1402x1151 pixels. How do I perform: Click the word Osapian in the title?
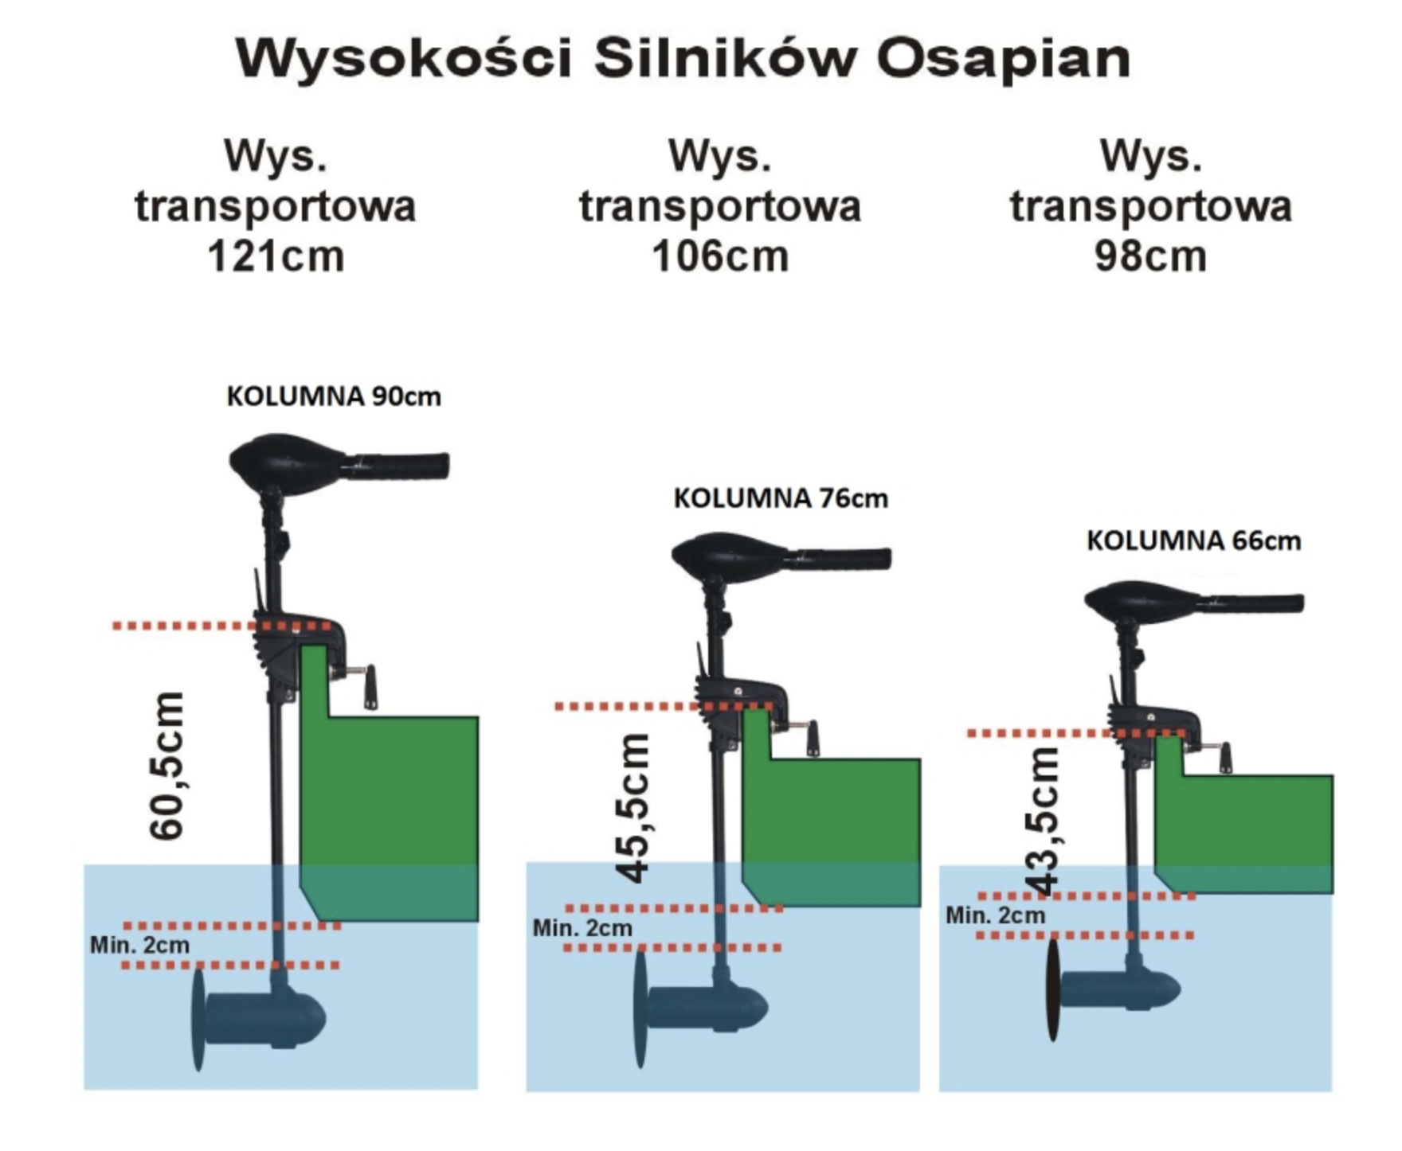(x=1003, y=59)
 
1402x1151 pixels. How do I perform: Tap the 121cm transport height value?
(x=276, y=257)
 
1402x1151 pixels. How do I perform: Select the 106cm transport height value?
(x=720, y=257)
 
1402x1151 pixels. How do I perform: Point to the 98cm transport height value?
(x=1150, y=257)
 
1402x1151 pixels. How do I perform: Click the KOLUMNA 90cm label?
(x=334, y=396)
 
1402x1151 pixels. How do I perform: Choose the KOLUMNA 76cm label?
(x=781, y=498)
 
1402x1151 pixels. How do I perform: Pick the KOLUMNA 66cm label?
(x=1193, y=541)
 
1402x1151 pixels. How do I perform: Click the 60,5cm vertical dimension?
(x=168, y=766)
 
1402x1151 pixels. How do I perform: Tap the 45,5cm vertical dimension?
(x=635, y=808)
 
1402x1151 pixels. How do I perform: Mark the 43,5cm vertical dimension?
(x=1043, y=820)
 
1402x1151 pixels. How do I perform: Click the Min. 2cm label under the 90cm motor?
(x=140, y=946)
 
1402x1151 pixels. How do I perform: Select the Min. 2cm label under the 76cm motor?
(x=582, y=928)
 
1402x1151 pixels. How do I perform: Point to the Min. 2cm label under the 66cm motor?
(x=995, y=915)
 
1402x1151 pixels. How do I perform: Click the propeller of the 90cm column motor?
(x=198, y=1020)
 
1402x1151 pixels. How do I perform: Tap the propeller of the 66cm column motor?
(x=1053, y=990)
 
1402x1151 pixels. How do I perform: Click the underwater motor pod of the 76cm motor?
(x=705, y=1008)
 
